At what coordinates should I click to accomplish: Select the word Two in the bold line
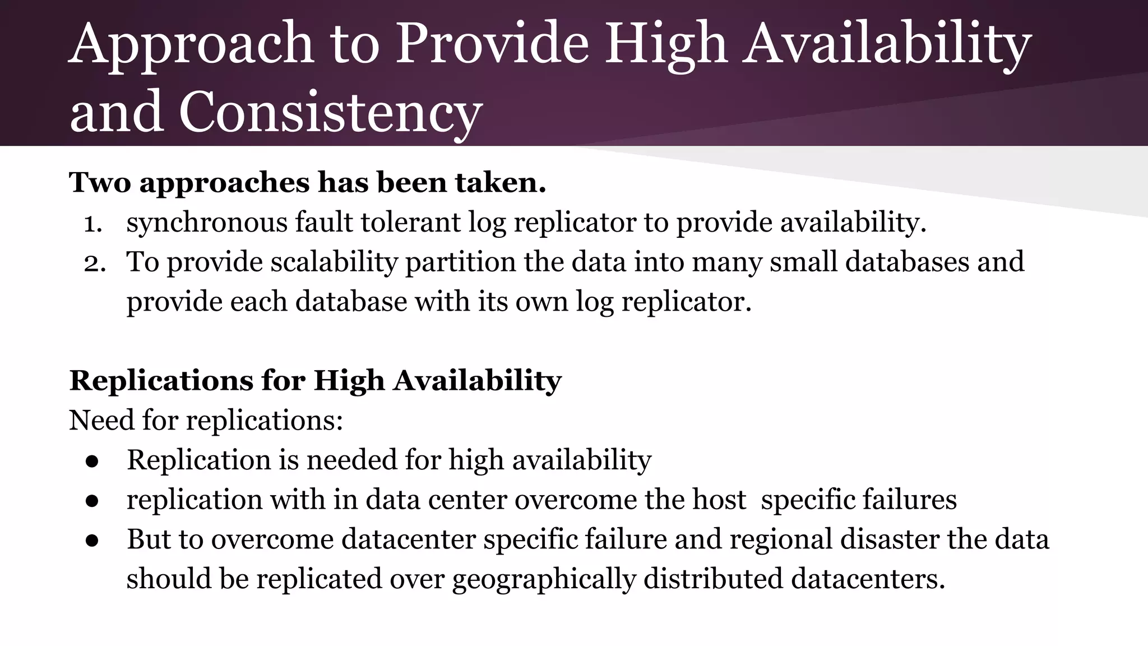(x=100, y=182)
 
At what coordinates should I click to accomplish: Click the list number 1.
(x=92, y=224)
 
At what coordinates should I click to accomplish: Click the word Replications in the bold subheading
(x=161, y=381)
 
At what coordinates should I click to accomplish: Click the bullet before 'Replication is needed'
(x=92, y=461)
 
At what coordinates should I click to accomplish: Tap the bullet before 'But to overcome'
(x=92, y=540)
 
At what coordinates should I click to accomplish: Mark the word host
(x=719, y=500)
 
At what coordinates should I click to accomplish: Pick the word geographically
(x=544, y=579)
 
